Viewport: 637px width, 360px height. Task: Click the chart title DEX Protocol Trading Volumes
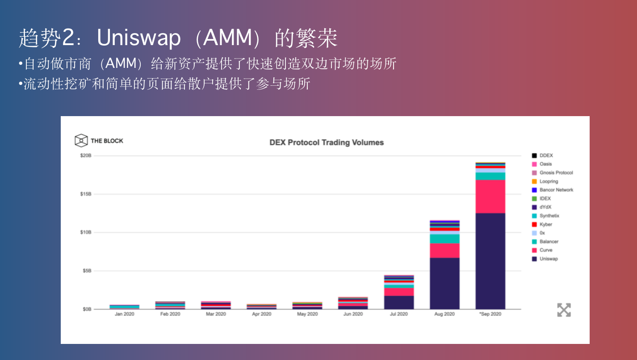(x=327, y=142)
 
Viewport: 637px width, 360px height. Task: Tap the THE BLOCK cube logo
(x=81, y=140)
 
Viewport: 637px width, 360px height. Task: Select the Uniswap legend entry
(x=549, y=259)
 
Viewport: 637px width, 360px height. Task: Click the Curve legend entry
(x=546, y=250)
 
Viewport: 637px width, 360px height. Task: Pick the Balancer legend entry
(x=549, y=242)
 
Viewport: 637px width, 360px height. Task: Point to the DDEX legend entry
(x=546, y=155)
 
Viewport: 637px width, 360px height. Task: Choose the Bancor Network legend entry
(x=556, y=190)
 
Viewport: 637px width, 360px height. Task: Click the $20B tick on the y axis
(x=86, y=155)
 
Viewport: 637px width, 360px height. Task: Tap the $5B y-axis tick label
(x=87, y=271)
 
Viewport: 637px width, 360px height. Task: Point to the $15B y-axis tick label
(x=86, y=194)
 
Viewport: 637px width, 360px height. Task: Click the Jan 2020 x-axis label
(x=124, y=314)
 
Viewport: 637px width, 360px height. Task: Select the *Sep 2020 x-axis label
(x=490, y=314)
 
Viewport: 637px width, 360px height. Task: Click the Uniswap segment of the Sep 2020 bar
(x=490, y=261)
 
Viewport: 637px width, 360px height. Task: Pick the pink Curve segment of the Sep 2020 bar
(x=490, y=197)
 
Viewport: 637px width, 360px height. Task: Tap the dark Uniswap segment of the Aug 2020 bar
(x=444, y=284)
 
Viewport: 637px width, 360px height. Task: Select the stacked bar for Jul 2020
(x=398, y=293)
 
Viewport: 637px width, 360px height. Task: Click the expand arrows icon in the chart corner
(x=564, y=310)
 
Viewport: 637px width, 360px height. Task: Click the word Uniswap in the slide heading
(x=138, y=38)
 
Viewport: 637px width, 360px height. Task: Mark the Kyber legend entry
(x=545, y=224)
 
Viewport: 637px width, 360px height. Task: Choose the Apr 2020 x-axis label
(x=261, y=314)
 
